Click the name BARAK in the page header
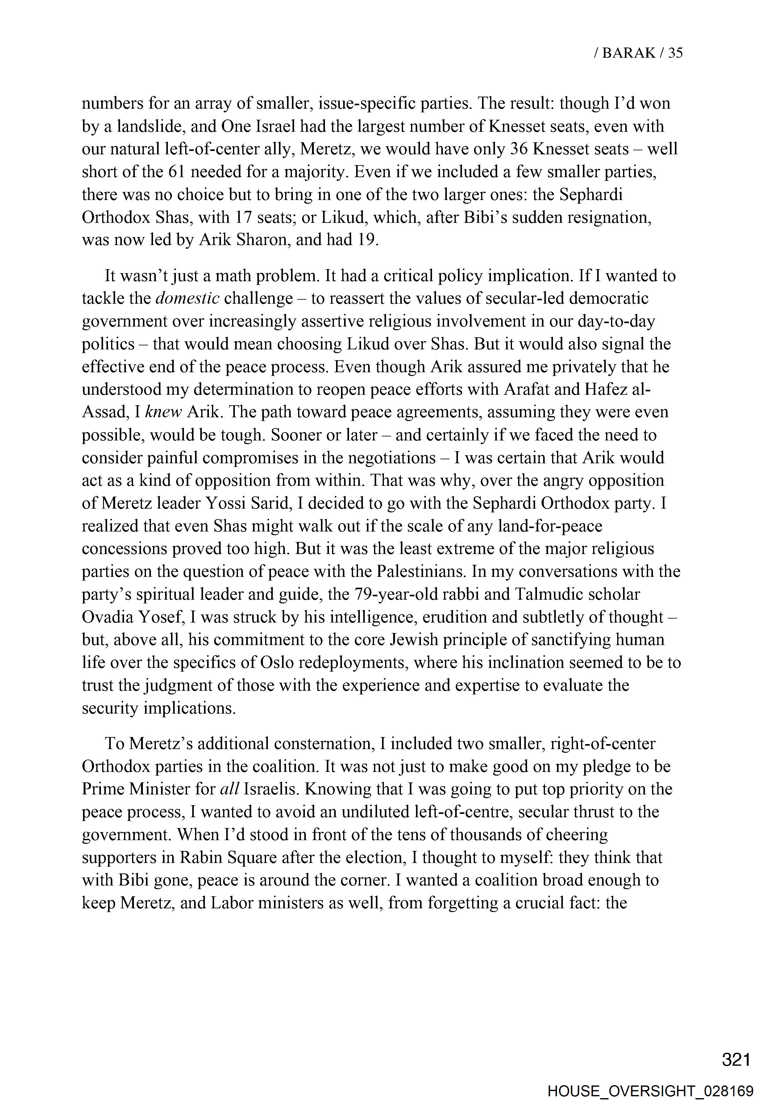[628, 53]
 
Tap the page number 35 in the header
[675, 53]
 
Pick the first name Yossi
[225, 503]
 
